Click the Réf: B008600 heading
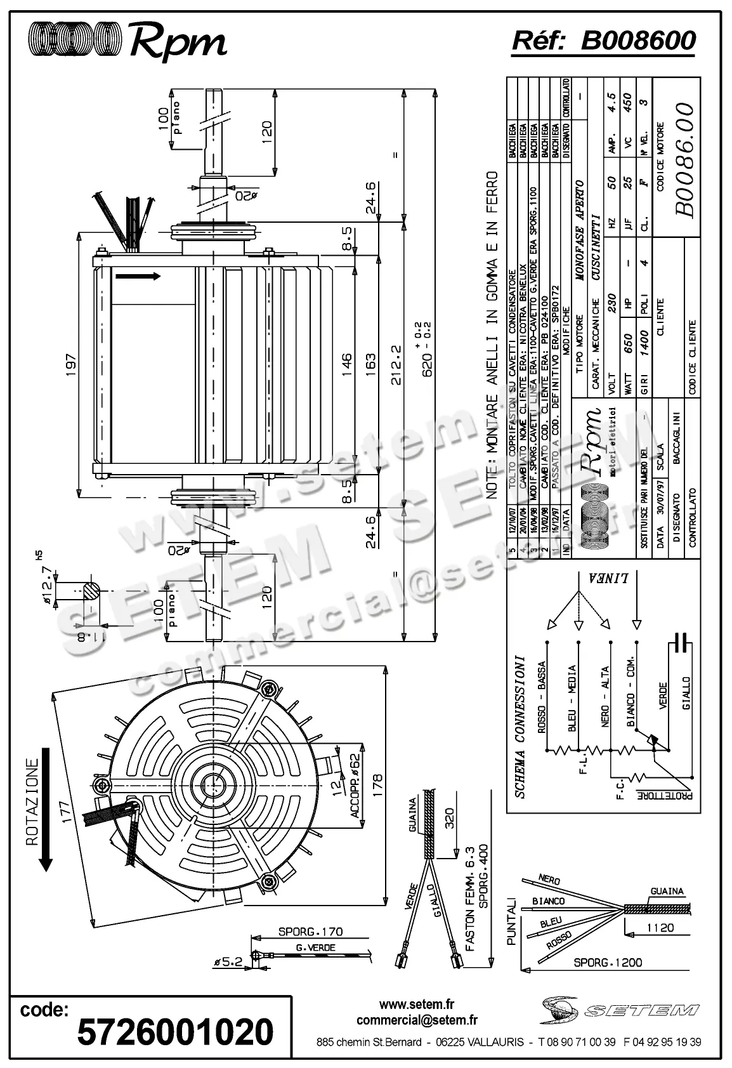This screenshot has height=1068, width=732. [x=603, y=41]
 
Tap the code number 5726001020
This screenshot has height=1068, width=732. [x=175, y=1032]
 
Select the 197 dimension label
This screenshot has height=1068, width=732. [x=70, y=365]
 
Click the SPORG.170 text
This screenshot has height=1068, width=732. [x=311, y=932]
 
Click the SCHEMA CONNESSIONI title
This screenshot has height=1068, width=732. [x=519, y=725]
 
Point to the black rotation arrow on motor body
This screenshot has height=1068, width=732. [x=138, y=276]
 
